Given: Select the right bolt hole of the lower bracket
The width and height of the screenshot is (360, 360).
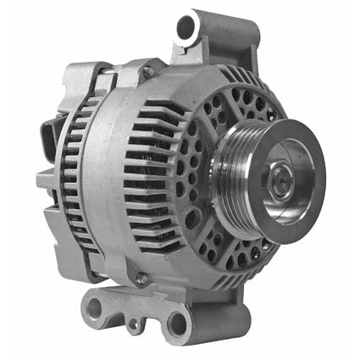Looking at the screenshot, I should [176, 321].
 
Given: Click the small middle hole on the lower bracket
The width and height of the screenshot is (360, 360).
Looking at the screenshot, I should [134, 324].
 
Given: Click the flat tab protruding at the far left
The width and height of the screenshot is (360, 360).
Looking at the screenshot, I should [44, 180].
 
